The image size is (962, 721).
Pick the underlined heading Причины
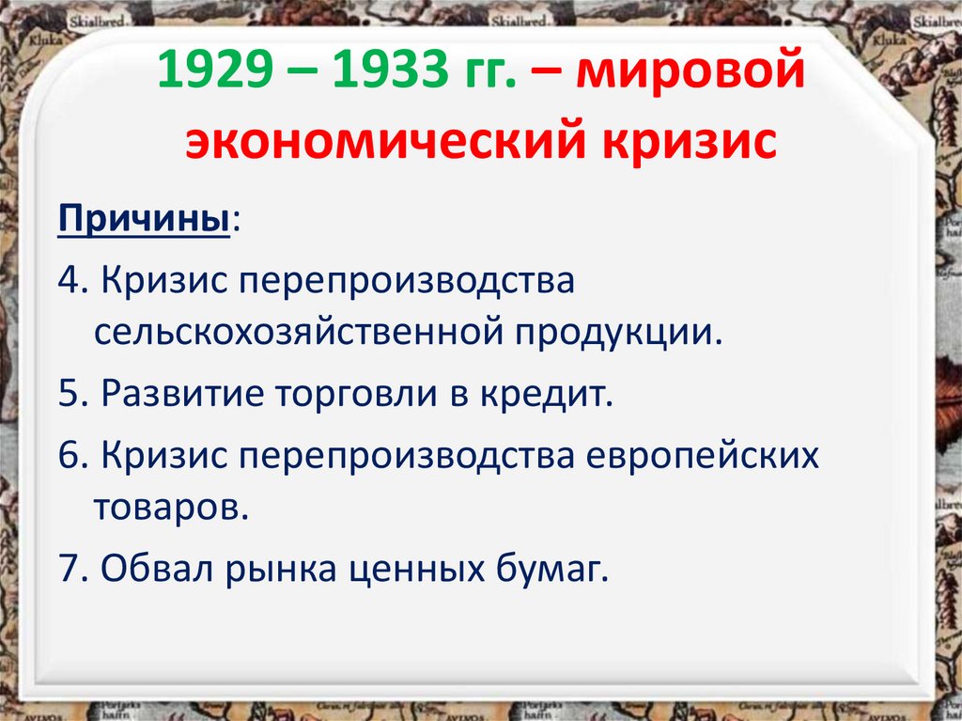point(145,223)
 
